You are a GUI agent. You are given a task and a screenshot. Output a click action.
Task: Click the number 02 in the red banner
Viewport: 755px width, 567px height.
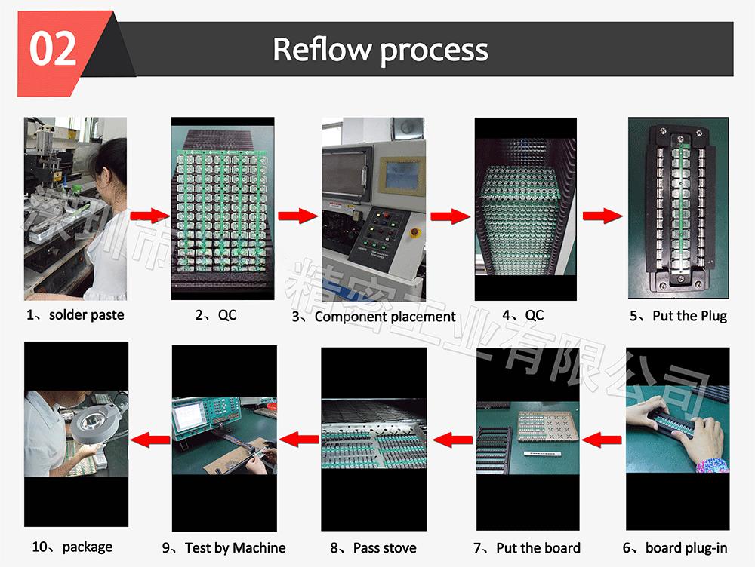pyautogui.click(x=54, y=49)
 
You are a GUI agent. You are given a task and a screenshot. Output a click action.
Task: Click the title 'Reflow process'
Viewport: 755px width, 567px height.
pyautogui.click(x=381, y=50)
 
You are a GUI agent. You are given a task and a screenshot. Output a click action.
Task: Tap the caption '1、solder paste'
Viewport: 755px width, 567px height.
pyautogui.click(x=75, y=315)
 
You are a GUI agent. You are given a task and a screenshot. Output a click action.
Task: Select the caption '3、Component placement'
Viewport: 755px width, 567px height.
pyautogui.click(x=374, y=317)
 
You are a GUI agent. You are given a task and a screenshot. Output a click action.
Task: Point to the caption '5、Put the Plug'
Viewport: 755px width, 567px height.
pyautogui.click(x=678, y=316)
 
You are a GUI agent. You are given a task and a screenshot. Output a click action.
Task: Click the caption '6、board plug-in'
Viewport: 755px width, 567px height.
pyautogui.click(x=675, y=548)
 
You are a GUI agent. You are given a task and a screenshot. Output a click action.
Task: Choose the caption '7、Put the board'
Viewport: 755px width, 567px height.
pyautogui.click(x=527, y=548)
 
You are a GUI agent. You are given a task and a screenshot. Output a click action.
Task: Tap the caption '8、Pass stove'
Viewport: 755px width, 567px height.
pyautogui.click(x=374, y=548)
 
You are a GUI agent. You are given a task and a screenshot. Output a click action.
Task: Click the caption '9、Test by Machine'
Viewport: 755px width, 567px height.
pyautogui.click(x=224, y=548)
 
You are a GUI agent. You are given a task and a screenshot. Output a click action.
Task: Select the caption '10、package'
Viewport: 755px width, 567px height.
pyautogui.click(x=72, y=547)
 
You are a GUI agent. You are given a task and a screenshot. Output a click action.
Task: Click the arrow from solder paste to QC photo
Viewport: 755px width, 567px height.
pyautogui.click(x=150, y=216)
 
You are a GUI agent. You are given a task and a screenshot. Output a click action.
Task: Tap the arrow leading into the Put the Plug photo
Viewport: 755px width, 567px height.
pyautogui.click(x=602, y=217)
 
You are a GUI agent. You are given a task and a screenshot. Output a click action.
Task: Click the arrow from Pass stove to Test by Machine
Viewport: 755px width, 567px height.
pyautogui.click(x=299, y=437)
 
